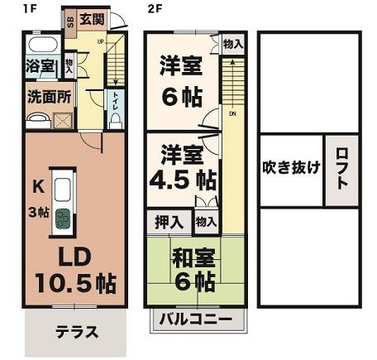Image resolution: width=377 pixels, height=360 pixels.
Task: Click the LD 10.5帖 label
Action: pos(74,267)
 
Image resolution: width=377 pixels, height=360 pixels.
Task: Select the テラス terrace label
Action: pos(77,333)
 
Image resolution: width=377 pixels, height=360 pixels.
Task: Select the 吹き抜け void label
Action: pos(291,166)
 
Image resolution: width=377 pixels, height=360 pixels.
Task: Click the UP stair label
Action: pos(101,40)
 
